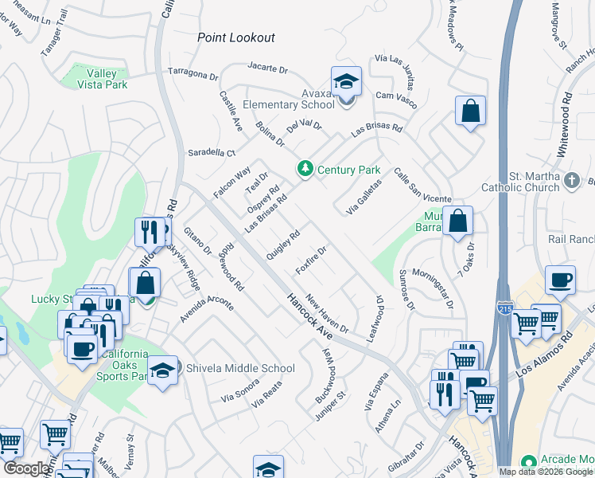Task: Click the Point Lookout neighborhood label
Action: pyautogui.click(x=236, y=37)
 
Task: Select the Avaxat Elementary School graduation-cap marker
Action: pyautogui.click(x=346, y=82)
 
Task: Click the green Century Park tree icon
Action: pyautogui.click(x=304, y=169)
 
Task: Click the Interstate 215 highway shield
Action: pyautogui.click(x=504, y=308)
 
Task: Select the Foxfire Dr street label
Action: pyautogui.click(x=311, y=261)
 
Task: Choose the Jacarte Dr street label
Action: pyautogui.click(x=267, y=68)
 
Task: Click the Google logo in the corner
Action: pyautogui.click(x=26, y=468)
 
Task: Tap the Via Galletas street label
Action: pyautogui.click(x=364, y=197)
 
